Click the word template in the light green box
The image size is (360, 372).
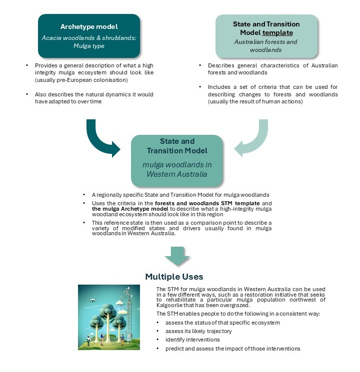pos(277,33)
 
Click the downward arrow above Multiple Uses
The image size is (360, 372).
pos(177,256)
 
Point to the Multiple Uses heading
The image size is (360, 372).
pos(174,276)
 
